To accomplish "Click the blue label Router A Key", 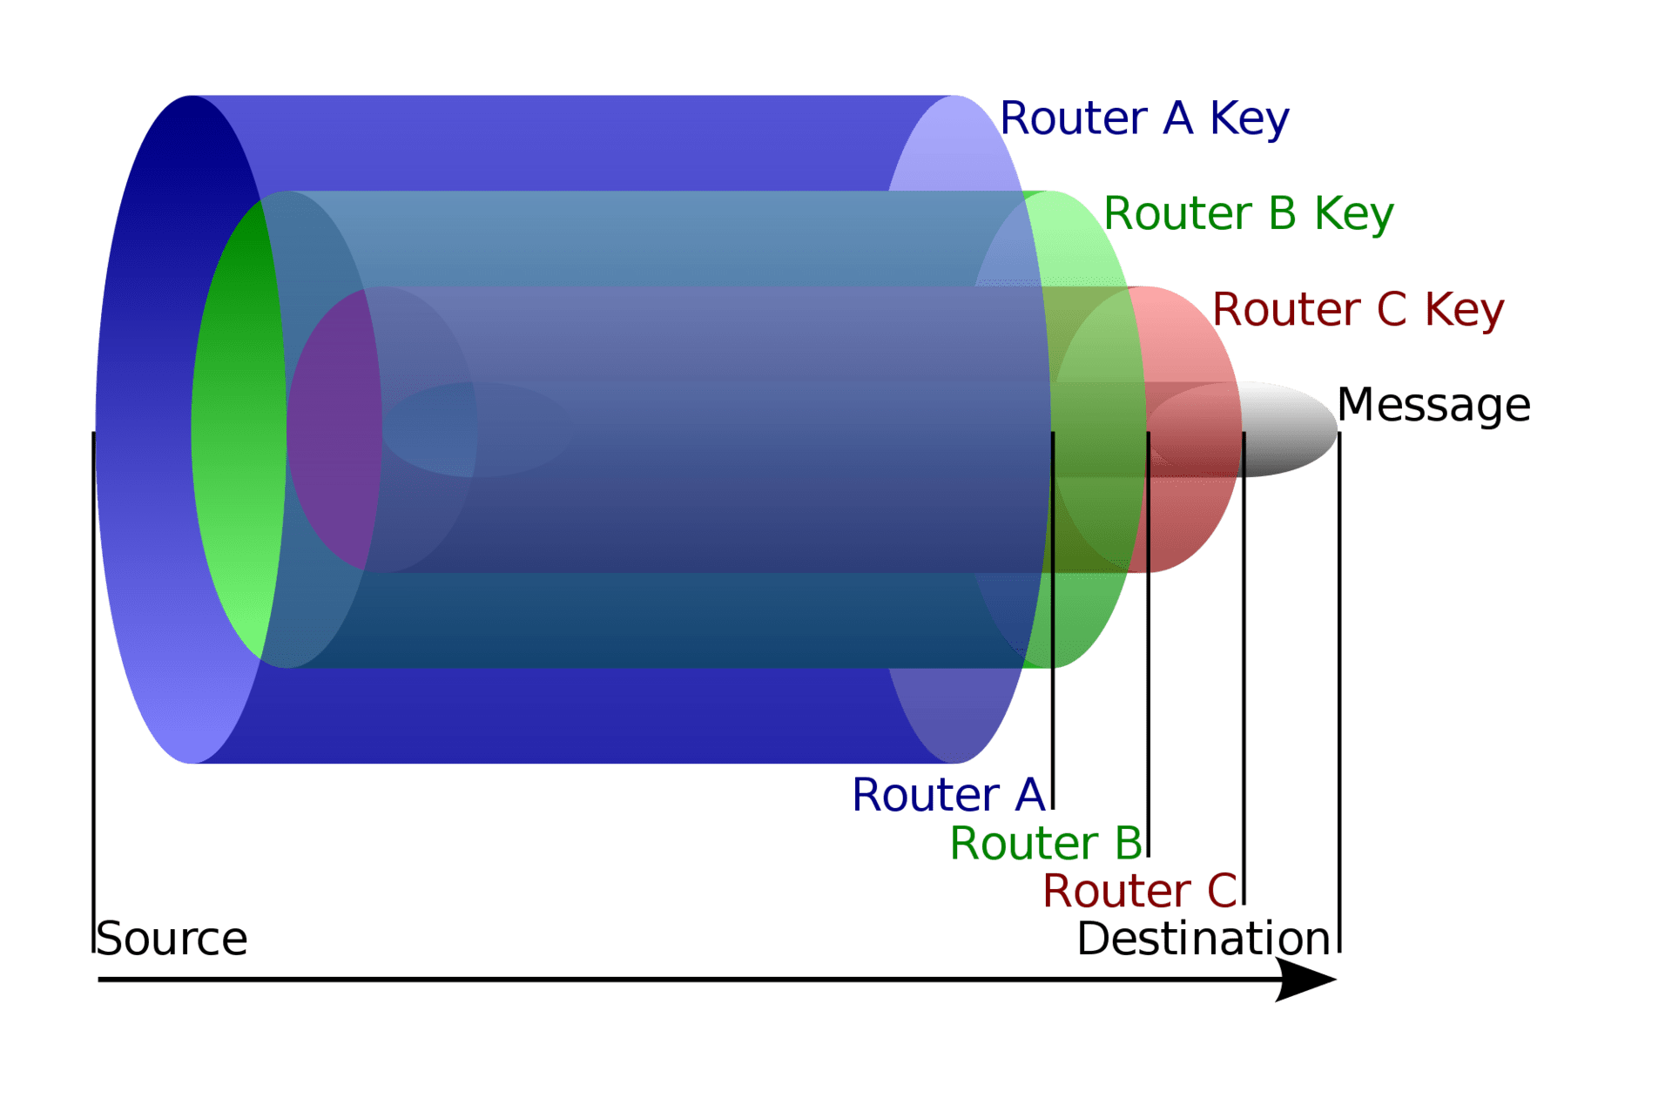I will point(1143,118).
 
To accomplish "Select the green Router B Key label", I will point(1248,214).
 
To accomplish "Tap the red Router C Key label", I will point(1358,310).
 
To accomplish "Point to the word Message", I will point(1433,406).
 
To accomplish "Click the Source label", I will point(172,939).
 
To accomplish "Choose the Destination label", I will point(1203,939).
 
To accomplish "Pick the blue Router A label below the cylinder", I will point(947,795).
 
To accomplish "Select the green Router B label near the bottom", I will point(1045,844).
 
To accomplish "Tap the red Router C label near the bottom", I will point(1139,892).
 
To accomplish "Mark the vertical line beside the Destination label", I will point(1339,697).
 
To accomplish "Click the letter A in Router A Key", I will point(1177,118).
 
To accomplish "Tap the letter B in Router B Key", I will point(1283,214).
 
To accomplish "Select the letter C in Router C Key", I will point(1391,310).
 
